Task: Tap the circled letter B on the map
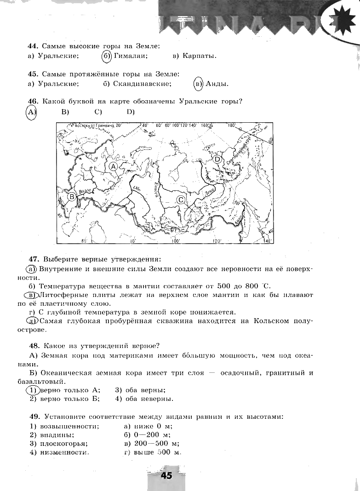pos(72,197)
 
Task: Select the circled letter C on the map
pos(181,200)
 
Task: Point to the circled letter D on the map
pos(217,160)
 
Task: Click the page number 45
pos(166,475)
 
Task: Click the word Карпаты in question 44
pos(199,56)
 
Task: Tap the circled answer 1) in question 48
pos(32,390)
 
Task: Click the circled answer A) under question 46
pos(31,112)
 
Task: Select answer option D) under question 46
pos(131,112)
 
